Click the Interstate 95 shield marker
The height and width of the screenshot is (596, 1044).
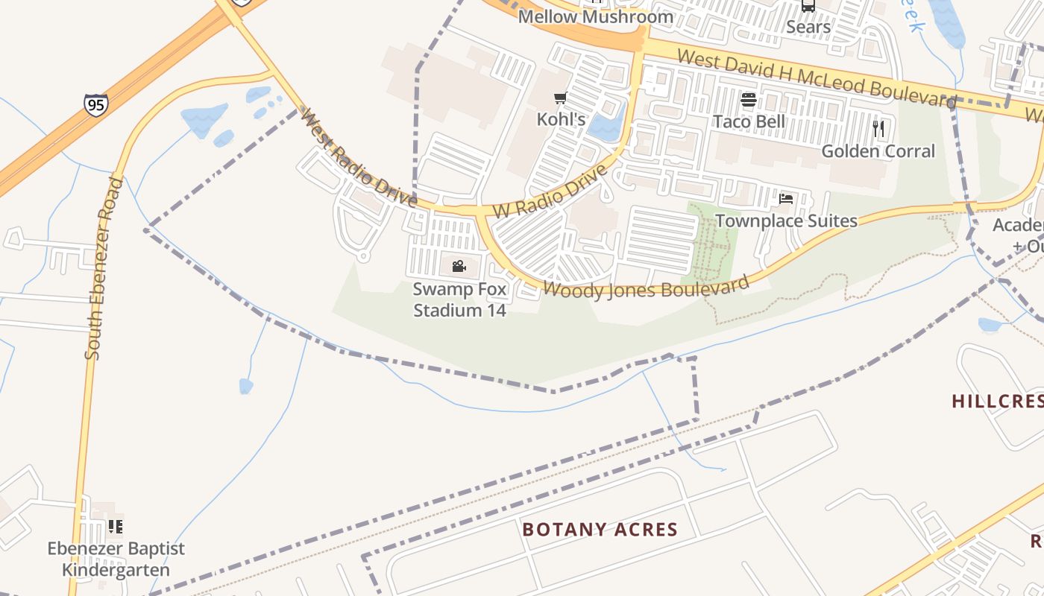coord(95,104)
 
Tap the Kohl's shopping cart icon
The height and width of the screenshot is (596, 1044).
coord(561,98)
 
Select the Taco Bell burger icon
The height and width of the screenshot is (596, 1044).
coord(749,100)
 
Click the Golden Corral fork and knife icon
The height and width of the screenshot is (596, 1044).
coord(878,129)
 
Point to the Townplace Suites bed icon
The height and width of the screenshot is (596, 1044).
coord(785,199)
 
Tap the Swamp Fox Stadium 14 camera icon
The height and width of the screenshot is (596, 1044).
coord(459,266)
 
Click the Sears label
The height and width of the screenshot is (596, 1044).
coord(808,28)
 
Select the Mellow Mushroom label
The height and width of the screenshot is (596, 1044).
coord(596,16)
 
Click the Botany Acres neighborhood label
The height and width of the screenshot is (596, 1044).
coord(600,530)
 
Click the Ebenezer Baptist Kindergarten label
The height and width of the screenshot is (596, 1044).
coord(116,559)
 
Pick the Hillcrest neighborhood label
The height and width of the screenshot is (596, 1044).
coord(997,401)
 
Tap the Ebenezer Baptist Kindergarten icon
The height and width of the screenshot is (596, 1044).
coord(116,527)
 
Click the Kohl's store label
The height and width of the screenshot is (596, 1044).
coord(561,119)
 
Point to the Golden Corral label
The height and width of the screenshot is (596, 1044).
coord(878,151)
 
